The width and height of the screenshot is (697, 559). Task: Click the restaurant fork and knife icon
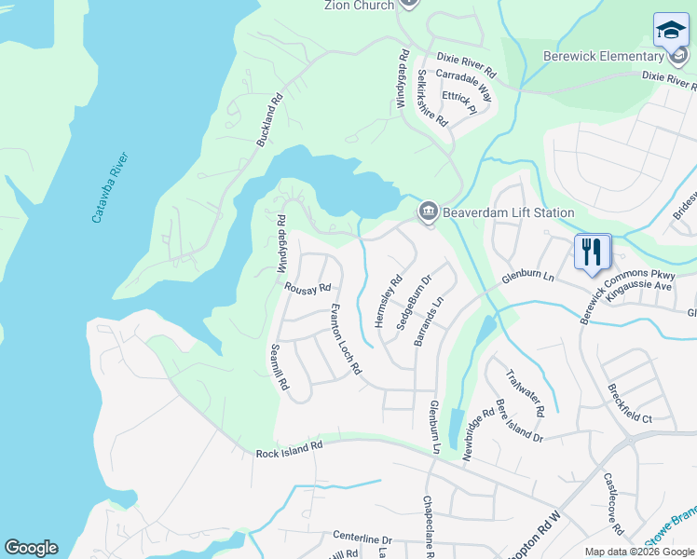593,252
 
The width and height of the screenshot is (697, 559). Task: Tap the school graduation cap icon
671,31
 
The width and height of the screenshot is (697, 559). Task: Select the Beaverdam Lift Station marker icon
428,211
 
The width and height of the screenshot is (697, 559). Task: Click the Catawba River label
109,186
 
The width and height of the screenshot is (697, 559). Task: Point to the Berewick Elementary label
603,56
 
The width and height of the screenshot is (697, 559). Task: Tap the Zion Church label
359,5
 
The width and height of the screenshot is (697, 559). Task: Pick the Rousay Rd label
308,288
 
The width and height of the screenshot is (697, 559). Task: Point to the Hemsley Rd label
385,299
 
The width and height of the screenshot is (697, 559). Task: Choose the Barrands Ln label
430,323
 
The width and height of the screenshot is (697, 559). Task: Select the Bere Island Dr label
519,421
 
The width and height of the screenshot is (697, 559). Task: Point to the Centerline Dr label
362,539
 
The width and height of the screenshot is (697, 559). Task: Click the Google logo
31,548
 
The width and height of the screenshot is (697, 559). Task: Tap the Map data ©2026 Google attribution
638,552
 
